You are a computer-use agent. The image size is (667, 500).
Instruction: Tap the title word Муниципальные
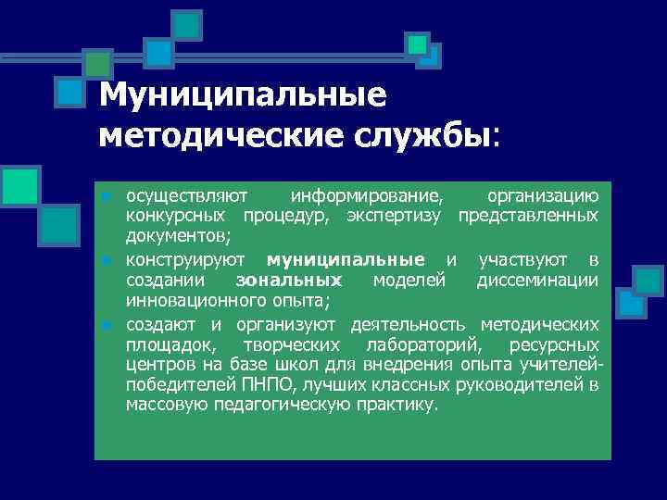coord(242,96)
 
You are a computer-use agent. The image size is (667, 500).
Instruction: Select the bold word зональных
coord(289,281)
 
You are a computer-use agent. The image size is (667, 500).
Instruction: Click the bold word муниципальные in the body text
coord(345,258)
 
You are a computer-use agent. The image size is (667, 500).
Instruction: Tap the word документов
coord(170,236)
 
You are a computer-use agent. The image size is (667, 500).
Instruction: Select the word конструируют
coord(190,258)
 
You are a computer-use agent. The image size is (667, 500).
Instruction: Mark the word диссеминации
coord(537,281)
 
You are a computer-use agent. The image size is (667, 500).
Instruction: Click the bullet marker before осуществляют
coord(107,196)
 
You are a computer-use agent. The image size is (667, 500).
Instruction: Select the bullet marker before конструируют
coord(107,259)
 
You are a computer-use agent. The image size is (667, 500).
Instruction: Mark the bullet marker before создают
coord(107,324)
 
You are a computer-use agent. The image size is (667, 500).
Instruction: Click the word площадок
coord(172,344)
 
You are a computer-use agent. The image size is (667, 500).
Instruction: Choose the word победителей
coord(176,385)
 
